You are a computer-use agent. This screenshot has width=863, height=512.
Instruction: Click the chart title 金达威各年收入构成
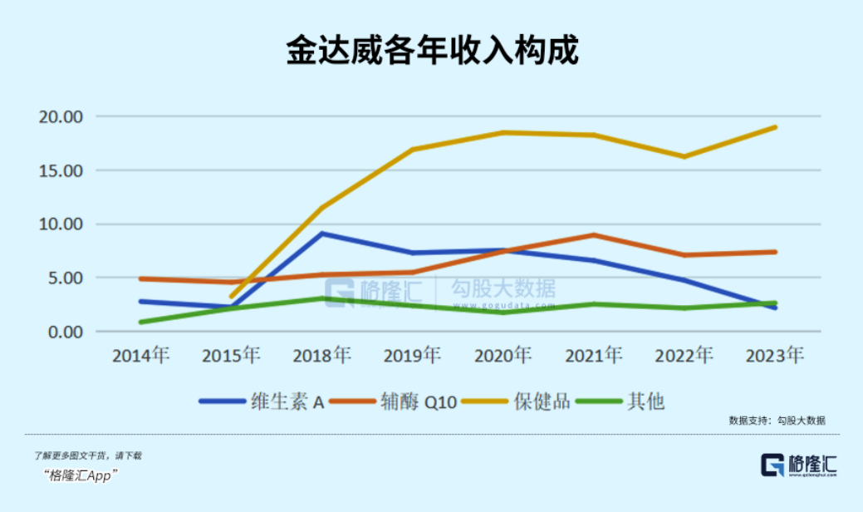[432, 50]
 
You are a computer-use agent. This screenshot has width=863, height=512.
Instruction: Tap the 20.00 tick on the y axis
[61, 116]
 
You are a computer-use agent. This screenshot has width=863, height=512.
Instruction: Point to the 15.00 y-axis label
[61, 170]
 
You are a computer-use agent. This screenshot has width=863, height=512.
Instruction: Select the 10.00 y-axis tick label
[61, 224]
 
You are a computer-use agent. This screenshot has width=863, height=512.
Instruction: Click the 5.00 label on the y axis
[66, 278]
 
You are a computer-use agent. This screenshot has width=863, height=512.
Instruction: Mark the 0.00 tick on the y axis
[66, 332]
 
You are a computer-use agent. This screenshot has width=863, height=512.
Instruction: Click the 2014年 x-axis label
[140, 357]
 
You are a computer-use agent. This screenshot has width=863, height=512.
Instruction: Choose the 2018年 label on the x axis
[322, 357]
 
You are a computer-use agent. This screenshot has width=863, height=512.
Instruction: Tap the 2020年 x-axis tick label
[503, 357]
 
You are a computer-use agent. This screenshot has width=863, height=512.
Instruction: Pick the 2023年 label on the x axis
[774, 357]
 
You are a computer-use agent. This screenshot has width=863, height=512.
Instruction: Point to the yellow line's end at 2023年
[775, 127]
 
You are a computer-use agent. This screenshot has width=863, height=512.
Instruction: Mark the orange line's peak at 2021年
[593, 235]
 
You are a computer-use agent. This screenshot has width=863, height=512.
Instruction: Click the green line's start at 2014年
[141, 322]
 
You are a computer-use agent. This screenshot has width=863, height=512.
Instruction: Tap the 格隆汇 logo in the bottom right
[800, 465]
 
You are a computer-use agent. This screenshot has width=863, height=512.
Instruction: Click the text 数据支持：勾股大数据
[777, 421]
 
